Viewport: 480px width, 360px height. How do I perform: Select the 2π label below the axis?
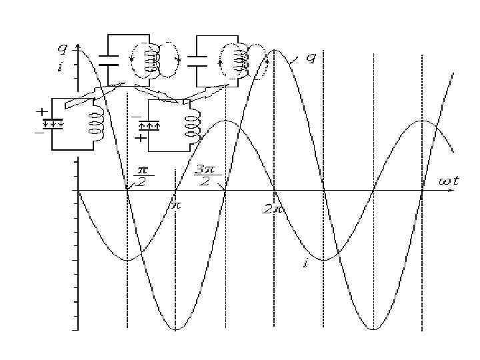coord(271,209)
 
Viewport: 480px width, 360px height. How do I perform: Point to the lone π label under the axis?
coord(176,206)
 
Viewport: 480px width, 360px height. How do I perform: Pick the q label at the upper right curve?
coord(310,58)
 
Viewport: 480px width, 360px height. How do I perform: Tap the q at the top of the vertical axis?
coord(62,49)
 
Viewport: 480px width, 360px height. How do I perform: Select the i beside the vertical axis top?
coord(61,67)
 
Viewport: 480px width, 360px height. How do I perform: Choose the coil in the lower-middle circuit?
coord(193,123)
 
